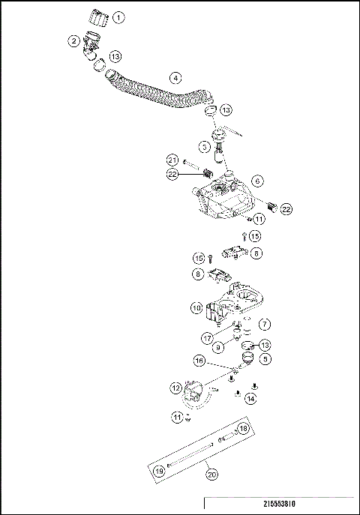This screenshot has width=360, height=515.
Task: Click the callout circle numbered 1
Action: coord(119,16)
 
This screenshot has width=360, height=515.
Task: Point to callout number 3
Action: coord(204,146)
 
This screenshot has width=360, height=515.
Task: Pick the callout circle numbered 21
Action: coord(172,160)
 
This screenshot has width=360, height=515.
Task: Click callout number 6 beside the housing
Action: coord(257,181)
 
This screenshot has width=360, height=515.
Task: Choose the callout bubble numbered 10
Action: coord(196,307)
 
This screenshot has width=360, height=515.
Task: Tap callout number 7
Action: coord(262,324)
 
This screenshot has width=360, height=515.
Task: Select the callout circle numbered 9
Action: coord(218,347)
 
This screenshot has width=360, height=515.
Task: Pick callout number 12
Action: coord(175,388)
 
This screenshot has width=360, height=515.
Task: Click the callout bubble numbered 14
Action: coord(250,399)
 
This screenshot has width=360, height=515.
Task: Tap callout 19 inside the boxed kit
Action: coord(160,470)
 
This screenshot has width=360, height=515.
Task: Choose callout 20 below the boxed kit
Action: coord(211,474)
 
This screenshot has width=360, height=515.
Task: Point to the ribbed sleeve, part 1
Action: coord(97,16)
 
